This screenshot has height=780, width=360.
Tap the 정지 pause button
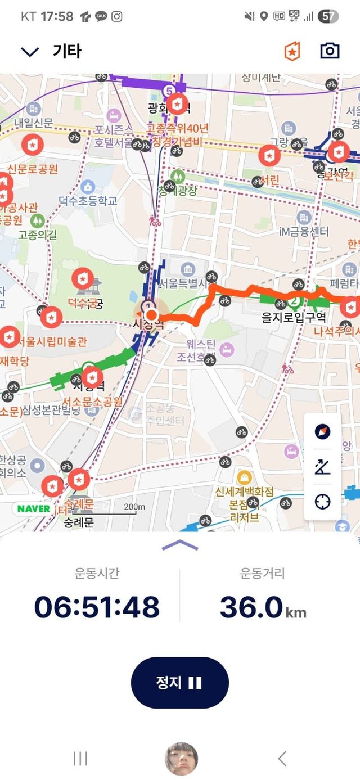pyautogui.click(x=179, y=682)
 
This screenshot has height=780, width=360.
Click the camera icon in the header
pyautogui.click(x=330, y=51)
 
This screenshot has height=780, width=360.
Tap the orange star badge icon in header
pyautogui.click(x=292, y=51)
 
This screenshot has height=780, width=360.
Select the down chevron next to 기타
pyautogui.click(x=29, y=52)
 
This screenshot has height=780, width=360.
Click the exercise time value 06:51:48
pyautogui.click(x=97, y=607)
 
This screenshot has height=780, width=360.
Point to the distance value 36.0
pyautogui.click(x=251, y=607)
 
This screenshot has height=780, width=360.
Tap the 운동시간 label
pyautogui.click(x=97, y=574)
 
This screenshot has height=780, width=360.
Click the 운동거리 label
pyautogui.click(x=263, y=574)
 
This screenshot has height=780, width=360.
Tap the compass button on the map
pyautogui.click(x=322, y=432)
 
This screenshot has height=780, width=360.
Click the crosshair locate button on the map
pyautogui.click(x=322, y=502)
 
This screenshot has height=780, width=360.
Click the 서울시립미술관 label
pyautogui.click(x=52, y=341)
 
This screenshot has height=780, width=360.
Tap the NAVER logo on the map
pyautogui.click(x=34, y=509)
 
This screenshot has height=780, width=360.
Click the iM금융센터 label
pyautogui.click(x=304, y=231)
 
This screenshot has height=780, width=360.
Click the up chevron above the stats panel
pyautogui.click(x=179, y=544)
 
